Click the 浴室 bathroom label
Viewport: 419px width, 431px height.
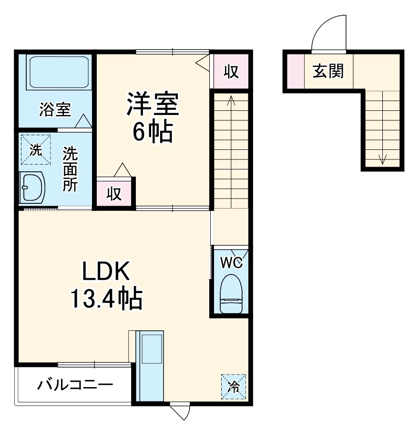click(55, 110)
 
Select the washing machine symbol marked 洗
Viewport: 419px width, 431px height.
click(35, 149)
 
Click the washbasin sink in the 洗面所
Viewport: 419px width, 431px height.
click(32, 187)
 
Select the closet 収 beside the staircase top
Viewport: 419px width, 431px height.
click(231, 71)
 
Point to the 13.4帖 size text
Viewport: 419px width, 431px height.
click(106, 300)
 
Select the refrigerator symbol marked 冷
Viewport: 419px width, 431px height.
click(234, 386)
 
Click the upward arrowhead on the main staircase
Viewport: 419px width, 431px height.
click(231, 100)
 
